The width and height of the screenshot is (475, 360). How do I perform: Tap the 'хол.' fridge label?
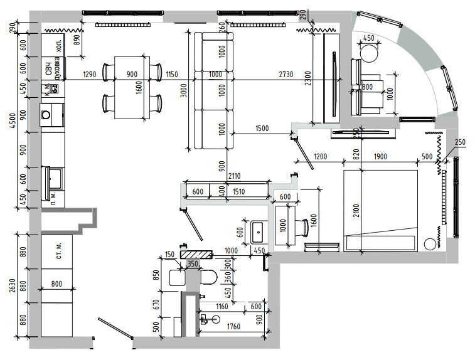tap(58, 46)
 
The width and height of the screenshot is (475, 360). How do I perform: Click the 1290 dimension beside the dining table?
tap(90, 75)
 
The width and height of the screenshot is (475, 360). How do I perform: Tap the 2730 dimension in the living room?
tap(286, 75)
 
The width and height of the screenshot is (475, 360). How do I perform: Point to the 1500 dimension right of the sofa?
tap(262, 129)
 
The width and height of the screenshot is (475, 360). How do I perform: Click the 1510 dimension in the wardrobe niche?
tap(239, 192)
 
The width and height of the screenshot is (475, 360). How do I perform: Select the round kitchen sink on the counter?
tap(46, 115)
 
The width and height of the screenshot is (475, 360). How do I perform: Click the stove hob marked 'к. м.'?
tap(53, 88)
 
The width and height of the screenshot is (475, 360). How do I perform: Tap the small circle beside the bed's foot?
tap(430, 243)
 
